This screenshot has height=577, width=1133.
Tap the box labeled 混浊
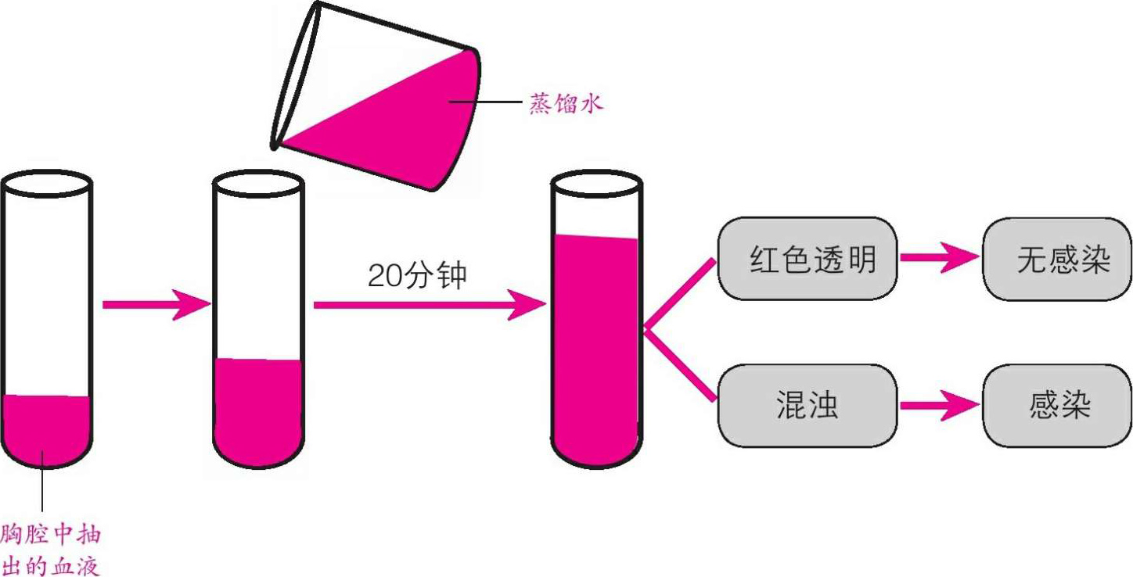tap(807, 406)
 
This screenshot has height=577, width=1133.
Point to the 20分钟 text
tap(416, 275)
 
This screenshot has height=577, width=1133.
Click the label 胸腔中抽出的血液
tap(52, 550)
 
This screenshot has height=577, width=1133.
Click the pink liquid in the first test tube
tap(47, 430)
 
